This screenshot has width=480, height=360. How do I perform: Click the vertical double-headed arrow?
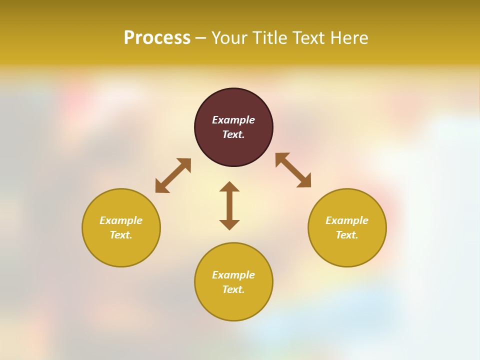point(229,205)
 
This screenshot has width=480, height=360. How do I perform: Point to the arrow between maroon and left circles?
point(173,175)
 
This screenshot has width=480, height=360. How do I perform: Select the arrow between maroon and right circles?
point(293,170)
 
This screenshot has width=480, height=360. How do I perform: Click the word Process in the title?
point(157,38)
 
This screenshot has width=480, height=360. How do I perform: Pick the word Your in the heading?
point(229,38)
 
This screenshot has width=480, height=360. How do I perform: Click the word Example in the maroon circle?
point(233,120)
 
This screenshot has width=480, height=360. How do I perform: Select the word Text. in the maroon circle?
point(233,134)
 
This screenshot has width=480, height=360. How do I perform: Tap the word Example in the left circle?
point(121,220)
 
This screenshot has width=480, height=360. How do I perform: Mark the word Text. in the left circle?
point(121,235)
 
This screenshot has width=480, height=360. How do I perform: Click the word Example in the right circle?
point(347,220)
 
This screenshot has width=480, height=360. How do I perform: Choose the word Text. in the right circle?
point(347,235)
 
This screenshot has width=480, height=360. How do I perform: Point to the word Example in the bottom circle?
point(233,275)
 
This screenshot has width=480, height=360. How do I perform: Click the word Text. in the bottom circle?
point(233,289)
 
